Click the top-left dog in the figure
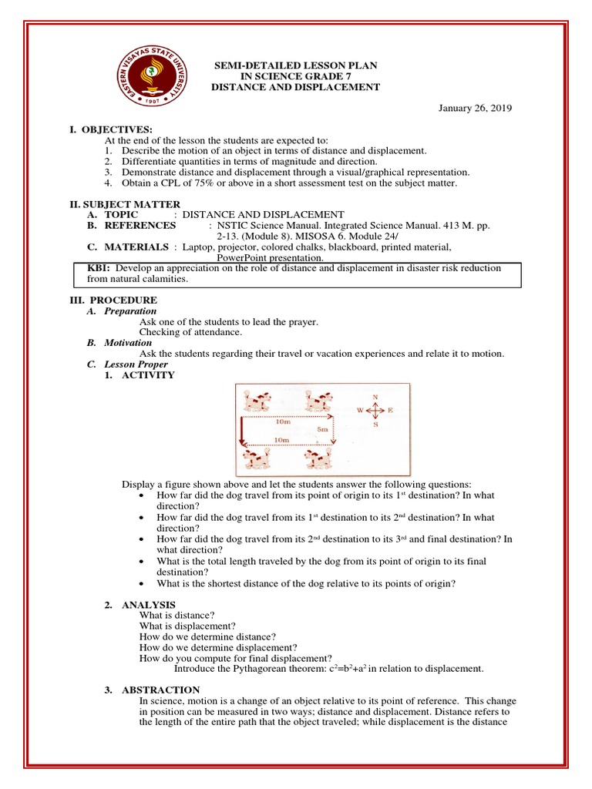[x=255, y=401]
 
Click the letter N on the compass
[x=375, y=397]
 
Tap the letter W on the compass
[x=359, y=411]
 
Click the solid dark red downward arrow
[x=242, y=432]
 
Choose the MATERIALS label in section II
[x=137, y=247]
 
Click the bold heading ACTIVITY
[x=148, y=375]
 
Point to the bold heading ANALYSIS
[x=149, y=605]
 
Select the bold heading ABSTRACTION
[x=160, y=690]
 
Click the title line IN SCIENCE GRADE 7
[x=296, y=77]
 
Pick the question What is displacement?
[x=187, y=626]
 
